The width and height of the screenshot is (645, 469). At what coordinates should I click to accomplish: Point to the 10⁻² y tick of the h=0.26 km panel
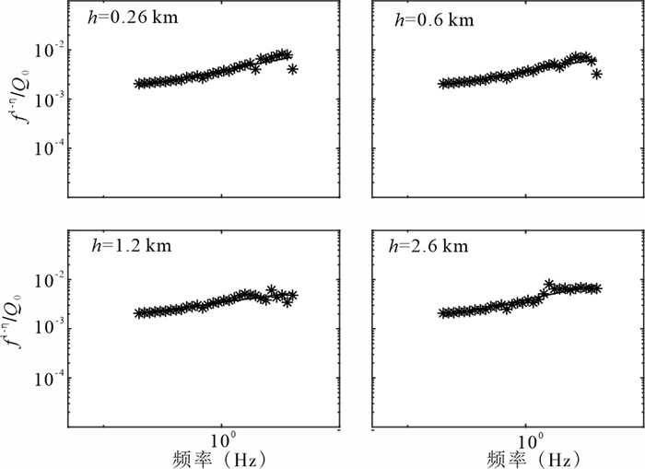point(45,49)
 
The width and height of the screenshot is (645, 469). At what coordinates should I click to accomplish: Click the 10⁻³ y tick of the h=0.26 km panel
point(45,99)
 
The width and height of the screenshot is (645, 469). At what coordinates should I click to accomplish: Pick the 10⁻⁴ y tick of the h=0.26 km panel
point(45,147)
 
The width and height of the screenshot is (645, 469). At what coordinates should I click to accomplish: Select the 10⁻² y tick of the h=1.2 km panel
point(45,278)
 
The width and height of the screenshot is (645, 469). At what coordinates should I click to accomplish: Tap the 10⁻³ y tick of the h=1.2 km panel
point(45,328)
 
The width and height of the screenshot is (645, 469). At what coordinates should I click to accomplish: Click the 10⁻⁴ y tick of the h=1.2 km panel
point(45,377)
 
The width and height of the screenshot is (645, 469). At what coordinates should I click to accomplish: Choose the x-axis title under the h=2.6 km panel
point(524,458)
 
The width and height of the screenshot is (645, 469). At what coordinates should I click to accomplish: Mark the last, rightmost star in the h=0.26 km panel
point(293,69)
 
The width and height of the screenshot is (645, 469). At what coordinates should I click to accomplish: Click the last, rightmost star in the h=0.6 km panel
point(597,74)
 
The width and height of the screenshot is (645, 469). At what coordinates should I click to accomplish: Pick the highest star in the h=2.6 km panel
point(549,285)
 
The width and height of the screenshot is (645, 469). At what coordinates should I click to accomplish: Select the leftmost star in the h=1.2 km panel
point(138,313)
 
